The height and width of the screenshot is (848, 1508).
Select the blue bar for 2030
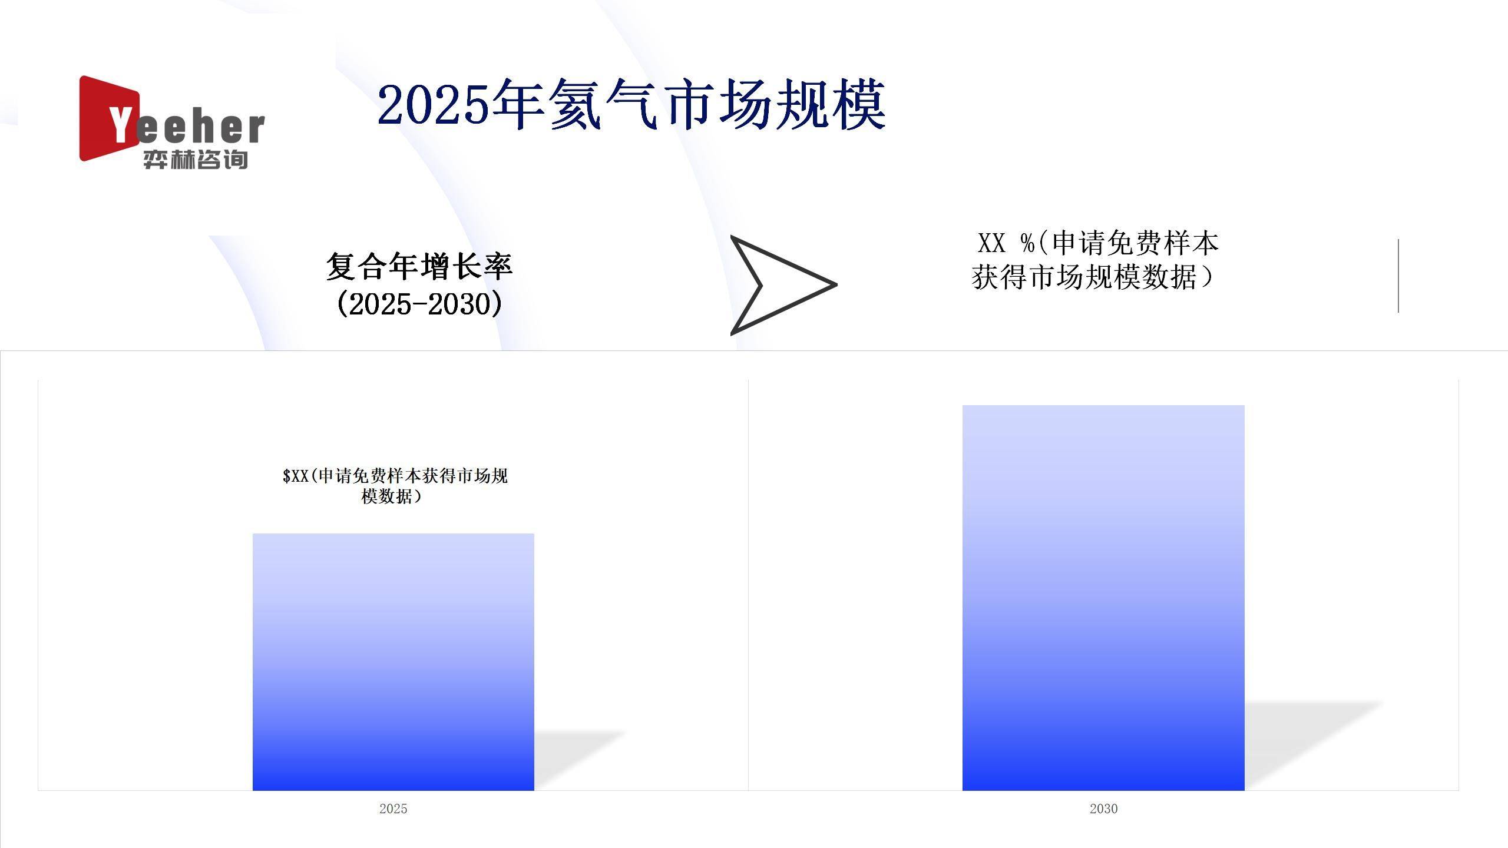[1103, 597]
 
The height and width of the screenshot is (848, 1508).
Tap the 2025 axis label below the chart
[393, 809]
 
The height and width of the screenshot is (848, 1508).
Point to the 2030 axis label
[1103, 809]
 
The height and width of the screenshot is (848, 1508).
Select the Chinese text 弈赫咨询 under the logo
[195, 160]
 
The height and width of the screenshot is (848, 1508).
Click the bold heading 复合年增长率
[419, 266]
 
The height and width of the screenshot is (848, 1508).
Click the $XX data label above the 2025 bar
[395, 485]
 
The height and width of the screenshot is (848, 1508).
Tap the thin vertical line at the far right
[1398, 276]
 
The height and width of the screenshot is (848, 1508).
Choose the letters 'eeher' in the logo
[200, 128]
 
